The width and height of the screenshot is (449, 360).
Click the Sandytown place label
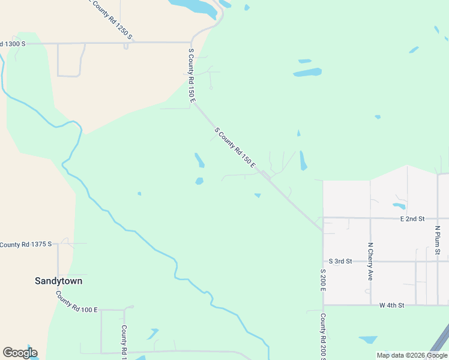[x=58, y=281]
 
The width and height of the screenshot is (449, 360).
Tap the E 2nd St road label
[x=412, y=219]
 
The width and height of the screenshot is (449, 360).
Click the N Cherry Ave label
[x=370, y=262]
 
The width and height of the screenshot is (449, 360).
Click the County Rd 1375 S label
[x=26, y=244]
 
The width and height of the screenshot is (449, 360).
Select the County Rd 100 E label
[x=76, y=302]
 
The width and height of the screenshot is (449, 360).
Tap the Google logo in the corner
[x=20, y=353]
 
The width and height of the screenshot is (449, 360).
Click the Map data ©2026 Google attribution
[x=412, y=355]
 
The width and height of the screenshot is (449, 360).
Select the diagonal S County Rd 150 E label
[x=235, y=147]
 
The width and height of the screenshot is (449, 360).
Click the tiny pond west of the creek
[x=139, y=193]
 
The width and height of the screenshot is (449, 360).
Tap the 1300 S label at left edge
[x=13, y=44]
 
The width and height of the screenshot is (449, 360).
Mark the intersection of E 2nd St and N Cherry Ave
[x=370, y=218]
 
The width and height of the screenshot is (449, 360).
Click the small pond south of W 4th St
[x=368, y=340]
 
